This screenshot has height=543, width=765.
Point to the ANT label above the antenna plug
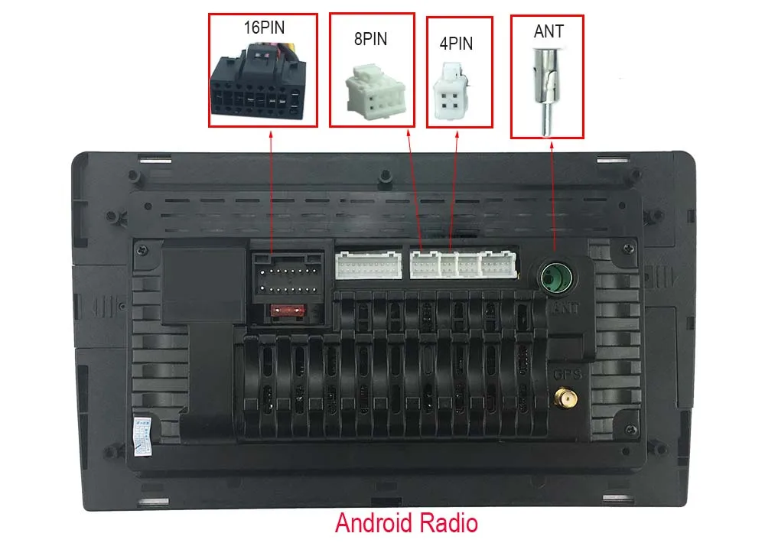coord(549,31)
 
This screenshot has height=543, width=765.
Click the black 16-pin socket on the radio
coord(288,277)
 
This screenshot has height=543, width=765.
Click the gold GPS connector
coord(566,398)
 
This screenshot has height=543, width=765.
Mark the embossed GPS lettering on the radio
coord(568,376)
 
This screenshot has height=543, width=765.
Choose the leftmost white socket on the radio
coord(368,265)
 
